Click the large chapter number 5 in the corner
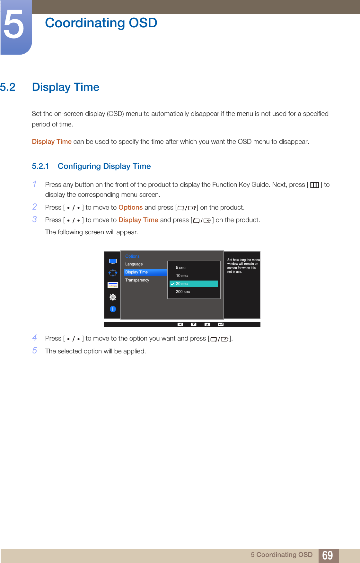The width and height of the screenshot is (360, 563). [14, 25]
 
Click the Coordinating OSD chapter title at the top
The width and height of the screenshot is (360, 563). [101, 23]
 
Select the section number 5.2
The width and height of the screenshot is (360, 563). [8, 87]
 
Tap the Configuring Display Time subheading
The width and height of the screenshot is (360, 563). [104, 166]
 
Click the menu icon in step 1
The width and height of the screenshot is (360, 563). [314, 185]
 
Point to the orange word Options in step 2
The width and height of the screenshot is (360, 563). [130, 208]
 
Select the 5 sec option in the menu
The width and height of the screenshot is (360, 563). [180, 268]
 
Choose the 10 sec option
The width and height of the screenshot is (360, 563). [182, 276]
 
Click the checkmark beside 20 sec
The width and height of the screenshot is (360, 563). [172, 284]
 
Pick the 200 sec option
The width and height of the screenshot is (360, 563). [183, 292]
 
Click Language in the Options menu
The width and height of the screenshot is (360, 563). [134, 264]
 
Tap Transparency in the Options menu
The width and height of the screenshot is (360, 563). [137, 280]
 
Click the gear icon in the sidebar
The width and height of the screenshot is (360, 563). [113, 297]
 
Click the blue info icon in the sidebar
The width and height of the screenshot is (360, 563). [113, 309]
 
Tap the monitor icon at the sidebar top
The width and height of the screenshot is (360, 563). [113, 261]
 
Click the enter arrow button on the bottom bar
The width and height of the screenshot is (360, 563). [221, 325]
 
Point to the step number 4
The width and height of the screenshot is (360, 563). [35, 338]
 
